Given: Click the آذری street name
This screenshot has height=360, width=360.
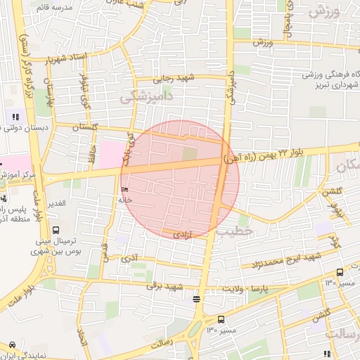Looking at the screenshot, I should click(x=129, y=259).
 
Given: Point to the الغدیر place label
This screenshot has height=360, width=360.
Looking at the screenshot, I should click(x=56, y=203).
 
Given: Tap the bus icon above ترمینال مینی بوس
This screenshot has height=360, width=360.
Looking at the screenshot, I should click(x=56, y=229).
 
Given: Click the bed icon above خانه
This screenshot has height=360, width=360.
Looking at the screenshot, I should click(x=126, y=190).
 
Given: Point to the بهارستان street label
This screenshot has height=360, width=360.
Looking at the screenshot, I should click(x=49, y=95).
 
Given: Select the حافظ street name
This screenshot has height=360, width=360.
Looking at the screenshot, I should click(x=91, y=153).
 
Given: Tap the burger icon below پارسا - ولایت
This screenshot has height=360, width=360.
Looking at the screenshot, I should click(x=195, y=300).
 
